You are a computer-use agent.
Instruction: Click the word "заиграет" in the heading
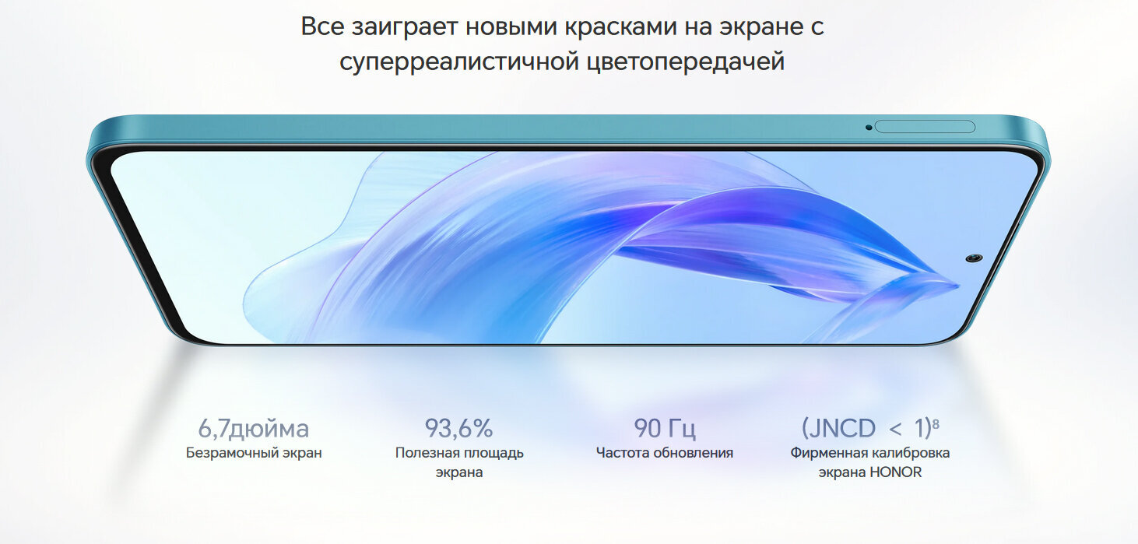point(405,27)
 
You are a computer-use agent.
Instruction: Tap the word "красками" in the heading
point(621,26)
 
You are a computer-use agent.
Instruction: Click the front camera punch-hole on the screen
point(974,258)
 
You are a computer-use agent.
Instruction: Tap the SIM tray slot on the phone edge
point(925,127)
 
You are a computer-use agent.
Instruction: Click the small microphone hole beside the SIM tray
point(868,128)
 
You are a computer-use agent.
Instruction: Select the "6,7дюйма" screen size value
point(254,429)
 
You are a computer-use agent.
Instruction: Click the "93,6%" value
point(458,428)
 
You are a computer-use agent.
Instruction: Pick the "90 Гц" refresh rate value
point(665,429)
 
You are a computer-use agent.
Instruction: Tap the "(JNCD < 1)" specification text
point(866,428)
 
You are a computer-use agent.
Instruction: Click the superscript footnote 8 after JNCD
point(936,423)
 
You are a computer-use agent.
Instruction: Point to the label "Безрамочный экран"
point(254,453)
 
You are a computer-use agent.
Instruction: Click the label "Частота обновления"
point(665,453)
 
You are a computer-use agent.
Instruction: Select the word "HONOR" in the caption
point(896,472)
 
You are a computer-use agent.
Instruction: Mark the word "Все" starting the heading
point(322,26)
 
